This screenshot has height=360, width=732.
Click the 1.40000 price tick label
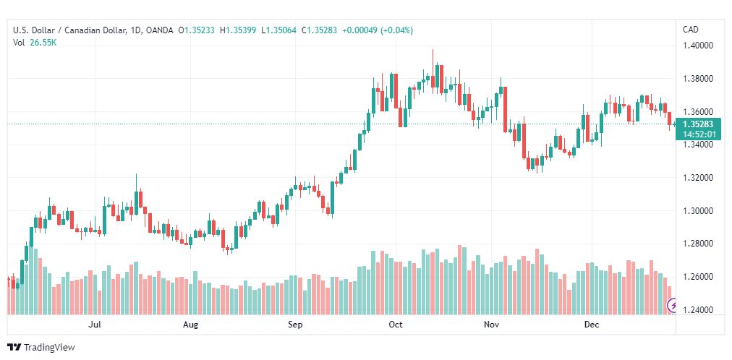click(699, 46)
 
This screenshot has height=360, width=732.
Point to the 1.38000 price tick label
click(699, 79)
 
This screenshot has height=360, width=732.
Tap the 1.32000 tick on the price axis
click(699, 178)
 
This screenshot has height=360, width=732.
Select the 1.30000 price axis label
click(699, 211)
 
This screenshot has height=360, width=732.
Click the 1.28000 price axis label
click(699, 244)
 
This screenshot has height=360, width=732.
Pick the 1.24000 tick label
click(699, 310)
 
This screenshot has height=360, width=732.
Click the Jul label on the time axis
click(94, 325)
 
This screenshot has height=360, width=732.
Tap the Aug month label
click(190, 325)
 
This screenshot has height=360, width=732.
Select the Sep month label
click(294, 325)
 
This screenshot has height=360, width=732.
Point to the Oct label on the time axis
click(395, 325)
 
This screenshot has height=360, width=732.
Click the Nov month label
click(492, 325)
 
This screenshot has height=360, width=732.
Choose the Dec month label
click(592, 325)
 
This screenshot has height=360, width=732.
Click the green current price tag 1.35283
click(699, 124)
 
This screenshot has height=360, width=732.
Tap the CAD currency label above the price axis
click(691, 30)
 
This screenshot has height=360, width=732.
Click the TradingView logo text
click(48, 348)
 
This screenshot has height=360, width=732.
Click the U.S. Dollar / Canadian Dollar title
click(69, 30)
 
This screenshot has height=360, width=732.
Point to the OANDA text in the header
click(159, 30)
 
